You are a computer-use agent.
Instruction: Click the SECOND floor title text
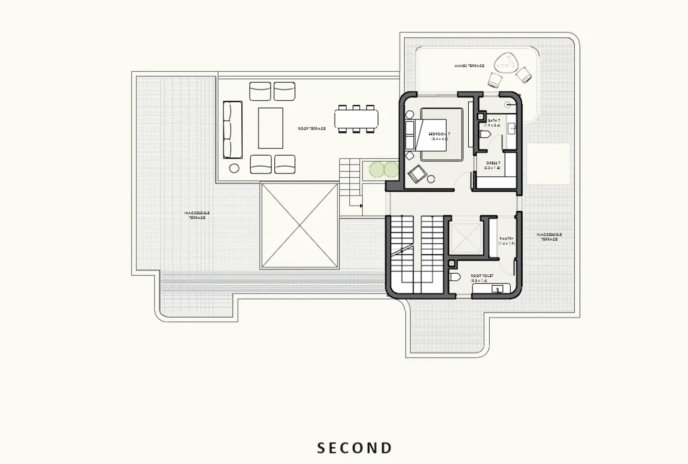click(x=355, y=448)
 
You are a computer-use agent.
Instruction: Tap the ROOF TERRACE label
click(x=311, y=128)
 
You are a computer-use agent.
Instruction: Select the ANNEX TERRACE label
click(x=469, y=66)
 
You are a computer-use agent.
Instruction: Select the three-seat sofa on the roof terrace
click(x=233, y=130)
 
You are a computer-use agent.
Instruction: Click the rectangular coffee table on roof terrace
click(x=270, y=128)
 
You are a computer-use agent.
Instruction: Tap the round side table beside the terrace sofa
click(x=234, y=168)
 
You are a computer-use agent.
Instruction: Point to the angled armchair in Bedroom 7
click(x=417, y=174)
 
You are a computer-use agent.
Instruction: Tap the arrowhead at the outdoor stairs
click(x=360, y=206)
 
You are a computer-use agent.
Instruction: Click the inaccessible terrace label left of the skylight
click(x=197, y=215)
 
